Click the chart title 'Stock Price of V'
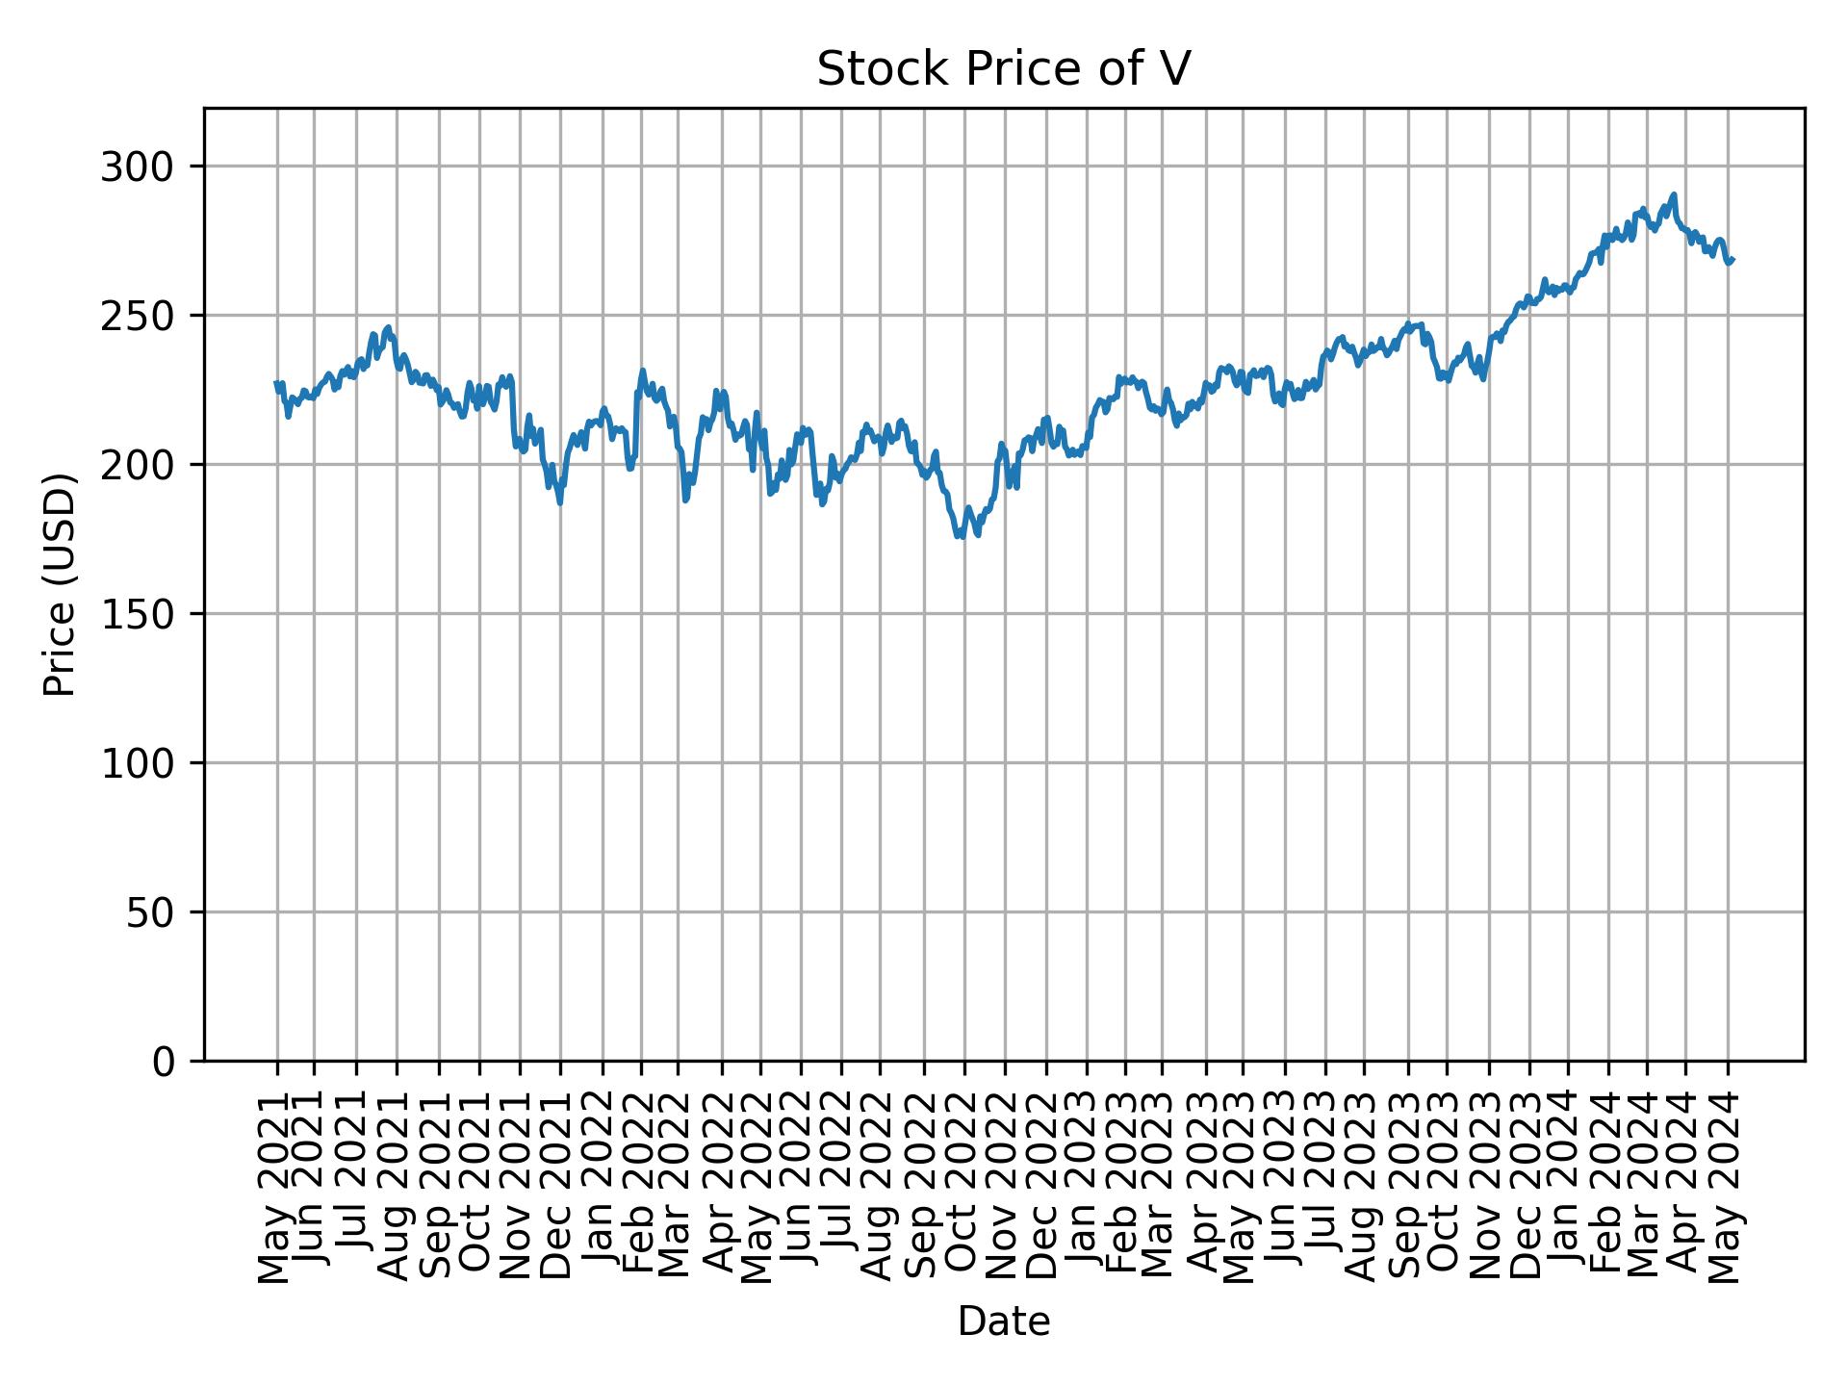(x=1004, y=69)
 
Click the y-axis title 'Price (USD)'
(x=60, y=584)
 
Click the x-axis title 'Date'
(x=1004, y=1322)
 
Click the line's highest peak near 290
(x=1675, y=195)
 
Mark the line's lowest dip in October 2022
(x=960, y=537)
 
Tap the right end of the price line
(x=1732, y=259)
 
